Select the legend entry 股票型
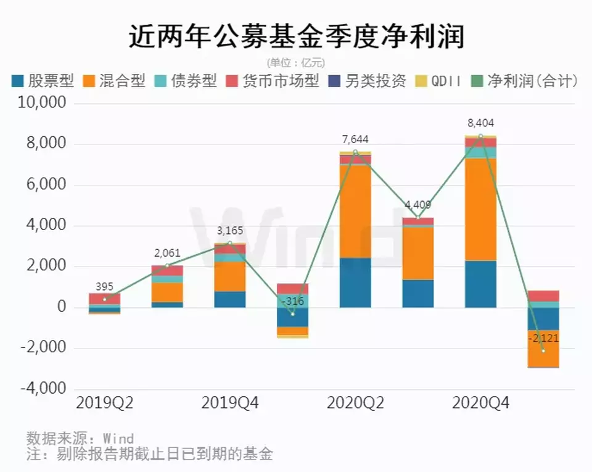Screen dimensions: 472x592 click(x=43, y=81)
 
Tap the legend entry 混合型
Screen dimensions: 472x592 click(x=115, y=81)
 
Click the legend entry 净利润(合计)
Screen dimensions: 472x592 click(x=524, y=81)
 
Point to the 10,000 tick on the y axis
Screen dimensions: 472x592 click(x=44, y=104)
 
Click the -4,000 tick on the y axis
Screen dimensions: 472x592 click(x=44, y=389)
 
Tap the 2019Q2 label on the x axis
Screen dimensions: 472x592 click(x=105, y=404)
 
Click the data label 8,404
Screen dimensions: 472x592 click(x=480, y=123)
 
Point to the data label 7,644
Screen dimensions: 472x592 click(x=355, y=139)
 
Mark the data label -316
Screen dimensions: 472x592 click(x=292, y=300)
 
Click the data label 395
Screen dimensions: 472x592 click(x=105, y=286)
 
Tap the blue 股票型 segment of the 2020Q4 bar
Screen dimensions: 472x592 click(x=480, y=284)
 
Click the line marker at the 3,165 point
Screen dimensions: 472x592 click(x=230, y=243)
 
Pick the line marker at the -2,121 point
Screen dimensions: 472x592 click(x=543, y=350)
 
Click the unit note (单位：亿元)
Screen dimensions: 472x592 click(x=296, y=62)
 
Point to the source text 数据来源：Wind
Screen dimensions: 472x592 click(x=80, y=439)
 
